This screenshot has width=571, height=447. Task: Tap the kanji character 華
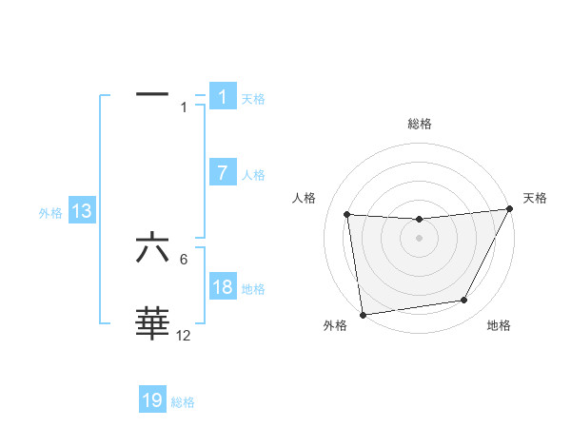pyautogui.click(x=152, y=323)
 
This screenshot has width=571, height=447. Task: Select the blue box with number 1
pyautogui.click(x=223, y=97)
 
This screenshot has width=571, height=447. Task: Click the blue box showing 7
pyautogui.click(x=223, y=174)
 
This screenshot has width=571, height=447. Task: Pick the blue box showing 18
pyautogui.click(x=223, y=288)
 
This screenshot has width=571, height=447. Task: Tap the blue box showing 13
pyautogui.click(x=82, y=212)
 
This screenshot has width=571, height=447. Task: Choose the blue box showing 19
pyautogui.click(x=152, y=401)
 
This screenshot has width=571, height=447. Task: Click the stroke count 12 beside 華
pyautogui.click(x=184, y=336)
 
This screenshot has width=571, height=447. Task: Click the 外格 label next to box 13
pyautogui.click(x=50, y=213)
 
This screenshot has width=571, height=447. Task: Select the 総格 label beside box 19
pyautogui.click(x=183, y=402)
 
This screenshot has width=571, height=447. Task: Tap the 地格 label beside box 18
pyautogui.click(x=253, y=289)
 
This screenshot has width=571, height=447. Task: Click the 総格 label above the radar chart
pyautogui.click(x=419, y=124)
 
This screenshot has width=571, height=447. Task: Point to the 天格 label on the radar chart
pyautogui.click(x=535, y=198)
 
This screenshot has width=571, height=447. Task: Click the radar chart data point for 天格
pyautogui.click(x=510, y=209)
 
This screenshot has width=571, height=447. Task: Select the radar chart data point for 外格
pyautogui.click(x=363, y=315)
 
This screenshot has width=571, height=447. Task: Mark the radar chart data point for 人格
pyautogui.click(x=346, y=214)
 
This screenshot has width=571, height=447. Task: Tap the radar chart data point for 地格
pyautogui.click(x=464, y=301)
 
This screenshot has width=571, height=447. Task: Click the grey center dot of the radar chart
pyautogui.click(x=419, y=238)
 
